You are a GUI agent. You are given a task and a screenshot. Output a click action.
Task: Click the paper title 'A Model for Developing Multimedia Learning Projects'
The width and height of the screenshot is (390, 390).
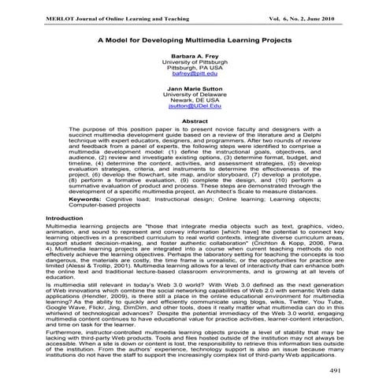(x=194, y=39)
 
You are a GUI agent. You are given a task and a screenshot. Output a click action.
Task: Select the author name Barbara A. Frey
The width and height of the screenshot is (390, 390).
(x=195, y=57)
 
